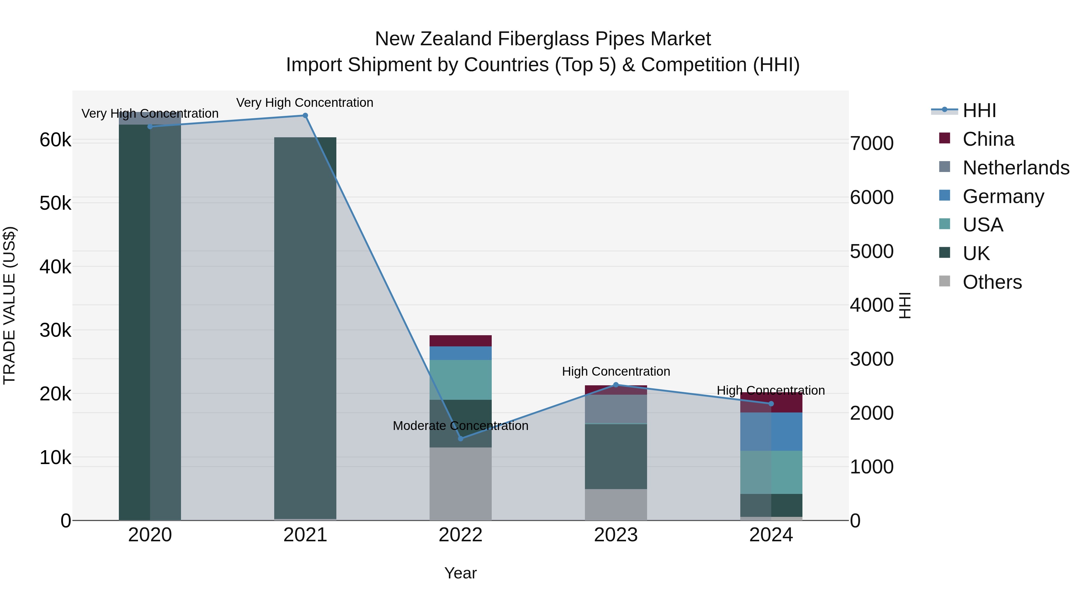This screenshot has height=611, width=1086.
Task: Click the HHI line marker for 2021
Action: pos(305,116)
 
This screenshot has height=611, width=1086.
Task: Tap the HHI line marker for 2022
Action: pos(460,438)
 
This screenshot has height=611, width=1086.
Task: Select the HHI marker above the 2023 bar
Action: pos(615,385)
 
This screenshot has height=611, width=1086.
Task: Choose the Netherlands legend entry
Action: pos(1015,168)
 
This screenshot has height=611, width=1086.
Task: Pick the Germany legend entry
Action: pos(1002,196)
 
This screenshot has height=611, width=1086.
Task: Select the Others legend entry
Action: pos(992,282)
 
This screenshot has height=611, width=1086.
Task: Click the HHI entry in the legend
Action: pos(979,110)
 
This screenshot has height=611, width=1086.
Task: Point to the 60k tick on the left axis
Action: pos(55,140)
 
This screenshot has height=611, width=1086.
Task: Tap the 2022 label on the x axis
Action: pos(460,535)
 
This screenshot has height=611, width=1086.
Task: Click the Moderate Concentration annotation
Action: pos(460,426)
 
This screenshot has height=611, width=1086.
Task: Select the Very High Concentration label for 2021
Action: pos(304,103)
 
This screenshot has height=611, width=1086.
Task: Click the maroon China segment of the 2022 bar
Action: pos(460,341)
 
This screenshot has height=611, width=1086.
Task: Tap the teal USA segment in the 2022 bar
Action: pos(460,380)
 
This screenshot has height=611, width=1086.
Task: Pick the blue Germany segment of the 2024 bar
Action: pos(771,431)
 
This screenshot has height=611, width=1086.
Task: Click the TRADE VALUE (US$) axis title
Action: pos(9,305)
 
